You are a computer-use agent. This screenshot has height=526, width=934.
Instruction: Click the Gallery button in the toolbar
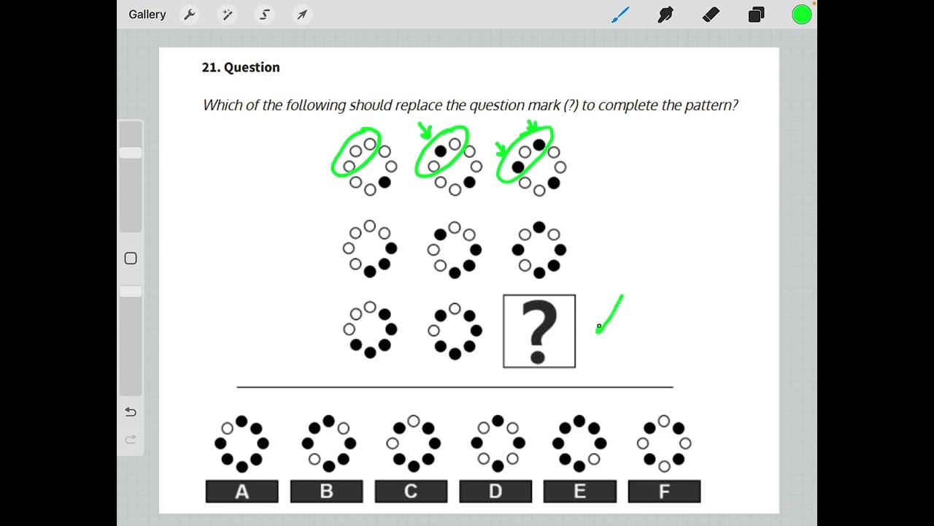pyautogui.click(x=147, y=15)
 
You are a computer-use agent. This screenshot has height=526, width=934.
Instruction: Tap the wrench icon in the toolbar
pyautogui.click(x=190, y=15)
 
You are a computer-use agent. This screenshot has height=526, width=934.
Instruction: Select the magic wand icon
pyautogui.click(x=227, y=15)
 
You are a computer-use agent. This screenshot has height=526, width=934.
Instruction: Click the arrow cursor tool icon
pyautogui.click(x=302, y=15)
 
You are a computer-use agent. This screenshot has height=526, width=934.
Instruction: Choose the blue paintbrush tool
pyautogui.click(x=620, y=15)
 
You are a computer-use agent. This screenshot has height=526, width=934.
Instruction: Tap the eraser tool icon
pyautogui.click(x=711, y=15)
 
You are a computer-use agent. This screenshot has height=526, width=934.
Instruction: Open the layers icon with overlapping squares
pyautogui.click(x=756, y=15)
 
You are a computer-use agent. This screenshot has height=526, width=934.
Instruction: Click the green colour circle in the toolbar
pyautogui.click(x=801, y=15)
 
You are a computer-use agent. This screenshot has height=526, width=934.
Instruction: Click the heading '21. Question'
pyautogui.click(x=241, y=67)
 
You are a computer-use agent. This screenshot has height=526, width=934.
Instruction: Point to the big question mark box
pyautogui.click(x=539, y=331)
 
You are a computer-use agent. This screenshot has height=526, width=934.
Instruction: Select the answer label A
pyautogui.click(x=242, y=492)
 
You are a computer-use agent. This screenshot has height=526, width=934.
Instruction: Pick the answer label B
pyautogui.click(x=326, y=492)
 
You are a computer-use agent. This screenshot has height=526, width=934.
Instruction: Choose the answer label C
pyautogui.click(x=411, y=492)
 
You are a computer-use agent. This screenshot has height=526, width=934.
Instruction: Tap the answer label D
pyautogui.click(x=495, y=492)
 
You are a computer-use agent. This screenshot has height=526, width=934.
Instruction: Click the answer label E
pyautogui.click(x=579, y=492)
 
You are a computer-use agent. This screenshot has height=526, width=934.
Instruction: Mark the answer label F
pyautogui.click(x=664, y=492)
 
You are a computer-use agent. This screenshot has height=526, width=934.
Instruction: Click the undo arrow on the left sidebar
pyautogui.click(x=131, y=412)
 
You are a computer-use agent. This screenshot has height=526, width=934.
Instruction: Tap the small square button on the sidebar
pyautogui.click(x=131, y=258)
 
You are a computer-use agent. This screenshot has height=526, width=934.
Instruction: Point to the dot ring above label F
pyautogui.click(x=664, y=443)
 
